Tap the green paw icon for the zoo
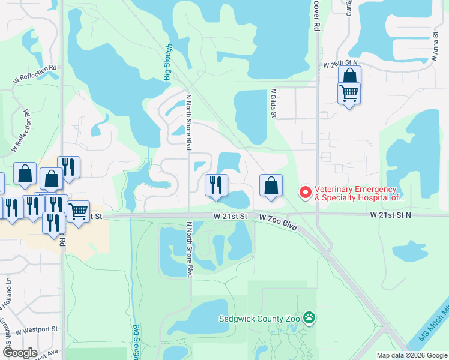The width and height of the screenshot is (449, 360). pos(309,317)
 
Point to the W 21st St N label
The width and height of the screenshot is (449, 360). pos(391,214)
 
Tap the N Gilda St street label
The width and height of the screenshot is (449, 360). pos(273,104)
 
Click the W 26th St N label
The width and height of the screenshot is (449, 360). pos(340,63)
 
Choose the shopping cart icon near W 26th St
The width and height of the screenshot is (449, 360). pos(349,94)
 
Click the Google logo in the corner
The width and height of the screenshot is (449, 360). pos(20,353)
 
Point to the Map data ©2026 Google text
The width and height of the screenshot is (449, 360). pos(412,355)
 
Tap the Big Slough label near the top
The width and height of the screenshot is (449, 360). pos(169,61)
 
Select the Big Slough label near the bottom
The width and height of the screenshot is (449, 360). pos(136,341)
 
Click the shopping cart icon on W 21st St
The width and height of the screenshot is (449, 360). pos(78,211)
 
